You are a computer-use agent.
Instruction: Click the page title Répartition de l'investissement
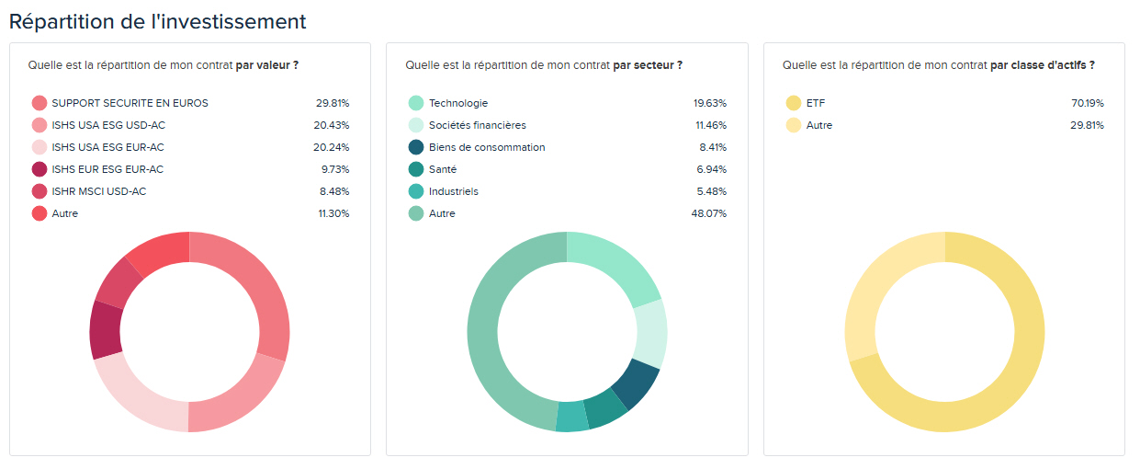point(157,20)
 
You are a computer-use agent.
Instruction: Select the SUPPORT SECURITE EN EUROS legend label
point(130,103)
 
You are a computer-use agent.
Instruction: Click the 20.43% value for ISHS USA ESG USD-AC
point(332,125)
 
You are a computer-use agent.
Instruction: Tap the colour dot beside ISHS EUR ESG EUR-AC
point(40,169)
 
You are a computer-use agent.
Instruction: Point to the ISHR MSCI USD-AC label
point(98,191)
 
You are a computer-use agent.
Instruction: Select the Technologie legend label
point(458,103)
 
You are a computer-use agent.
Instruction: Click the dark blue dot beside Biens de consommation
point(416,147)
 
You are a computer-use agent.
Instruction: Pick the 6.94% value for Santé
point(711,169)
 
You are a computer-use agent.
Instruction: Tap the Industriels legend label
point(453,191)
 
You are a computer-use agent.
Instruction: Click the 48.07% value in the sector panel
point(709,213)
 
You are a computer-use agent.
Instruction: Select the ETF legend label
point(815,103)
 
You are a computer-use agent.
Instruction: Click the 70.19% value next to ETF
point(1087,103)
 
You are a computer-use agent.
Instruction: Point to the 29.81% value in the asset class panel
point(1087,125)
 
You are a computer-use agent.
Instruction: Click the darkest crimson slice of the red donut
point(105,330)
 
